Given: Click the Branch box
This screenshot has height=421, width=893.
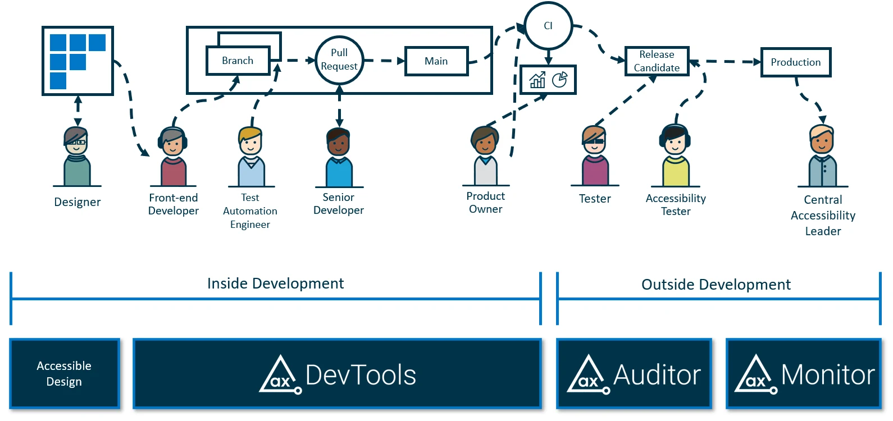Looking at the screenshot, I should coord(238,61).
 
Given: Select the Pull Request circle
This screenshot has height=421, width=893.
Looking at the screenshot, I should coord(339,60).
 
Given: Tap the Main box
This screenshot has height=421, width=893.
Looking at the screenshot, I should coord(436,61).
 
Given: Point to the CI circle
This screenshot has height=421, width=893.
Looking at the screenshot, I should coord(548,26).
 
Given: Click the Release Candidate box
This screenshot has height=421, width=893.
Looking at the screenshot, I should coord(657,61).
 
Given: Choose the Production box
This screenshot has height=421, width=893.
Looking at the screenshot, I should coord(795,62).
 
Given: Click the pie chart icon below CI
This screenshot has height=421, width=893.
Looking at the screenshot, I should coord(559,80).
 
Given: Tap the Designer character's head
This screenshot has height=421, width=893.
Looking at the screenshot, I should coord(76,140).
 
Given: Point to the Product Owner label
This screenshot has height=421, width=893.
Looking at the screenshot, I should coord(486,203).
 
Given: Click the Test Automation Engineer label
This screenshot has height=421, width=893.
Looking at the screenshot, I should coord(250,211).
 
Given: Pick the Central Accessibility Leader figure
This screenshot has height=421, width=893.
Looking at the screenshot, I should coord(822,157).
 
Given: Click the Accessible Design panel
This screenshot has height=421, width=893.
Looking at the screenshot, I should coord(65,374).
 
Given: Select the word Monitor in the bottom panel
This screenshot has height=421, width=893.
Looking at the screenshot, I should coord(827,375).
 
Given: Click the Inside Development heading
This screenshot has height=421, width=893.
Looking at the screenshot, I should coord(275,283).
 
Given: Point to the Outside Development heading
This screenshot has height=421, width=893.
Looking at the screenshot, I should coord(716,285).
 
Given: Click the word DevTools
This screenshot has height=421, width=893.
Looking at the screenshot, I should coord(361,375).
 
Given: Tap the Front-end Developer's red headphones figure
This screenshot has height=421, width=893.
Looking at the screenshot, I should coord(173,157).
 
